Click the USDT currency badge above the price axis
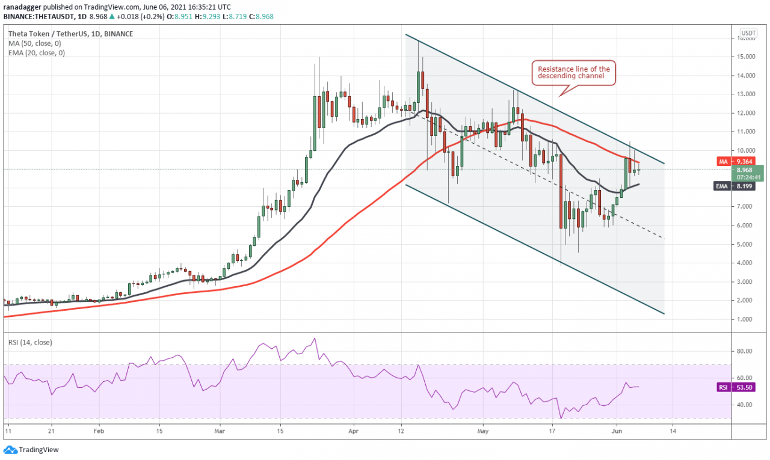748,32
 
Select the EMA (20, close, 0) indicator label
37,53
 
